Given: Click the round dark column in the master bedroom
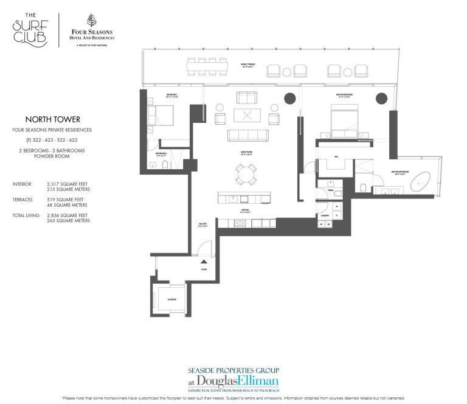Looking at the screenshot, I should click(382, 99).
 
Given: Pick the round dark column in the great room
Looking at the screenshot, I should click(290, 98).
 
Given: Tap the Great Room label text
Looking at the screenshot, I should click(246, 153).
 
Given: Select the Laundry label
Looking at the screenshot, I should click(326, 215).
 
